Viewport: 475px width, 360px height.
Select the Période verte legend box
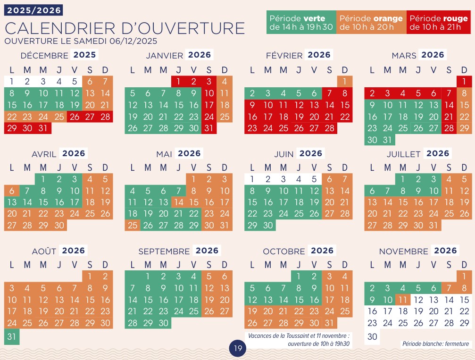[301, 23]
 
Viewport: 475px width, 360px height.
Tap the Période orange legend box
[371, 23]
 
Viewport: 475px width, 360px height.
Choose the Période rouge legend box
[438, 23]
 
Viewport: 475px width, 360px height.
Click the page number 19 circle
[237, 349]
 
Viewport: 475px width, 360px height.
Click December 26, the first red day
[74, 116]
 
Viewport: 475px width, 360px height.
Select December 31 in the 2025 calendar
[43, 128]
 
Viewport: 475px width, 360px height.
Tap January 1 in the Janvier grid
[179, 81]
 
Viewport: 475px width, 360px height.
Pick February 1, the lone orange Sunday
[345, 81]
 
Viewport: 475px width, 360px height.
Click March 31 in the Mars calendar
[388, 140]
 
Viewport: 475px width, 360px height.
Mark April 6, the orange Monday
[12, 191]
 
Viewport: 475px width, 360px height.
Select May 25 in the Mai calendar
[133, 226]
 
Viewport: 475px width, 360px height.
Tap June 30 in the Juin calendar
[268, 226]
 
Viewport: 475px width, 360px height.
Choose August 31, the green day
[12, 336]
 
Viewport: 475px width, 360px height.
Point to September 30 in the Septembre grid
[163, 323]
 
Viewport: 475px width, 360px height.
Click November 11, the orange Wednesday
[402, 300]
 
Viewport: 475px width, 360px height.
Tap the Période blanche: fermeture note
[435, 344]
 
